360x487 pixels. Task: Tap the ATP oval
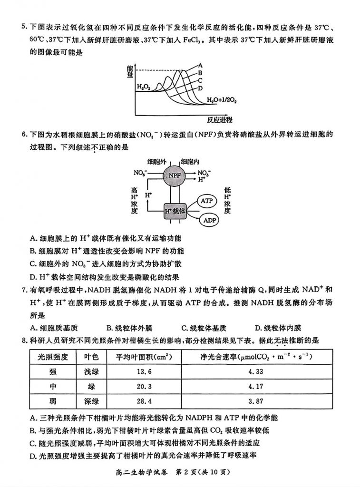point(206,201)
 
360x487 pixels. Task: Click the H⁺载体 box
point(175,210)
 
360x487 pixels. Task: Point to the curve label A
point(201,65)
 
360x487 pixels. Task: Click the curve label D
point(201,88)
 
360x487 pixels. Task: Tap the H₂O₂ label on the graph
point(144,87)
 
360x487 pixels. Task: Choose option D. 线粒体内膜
point(278,328)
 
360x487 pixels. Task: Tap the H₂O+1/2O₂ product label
point(222,100)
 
